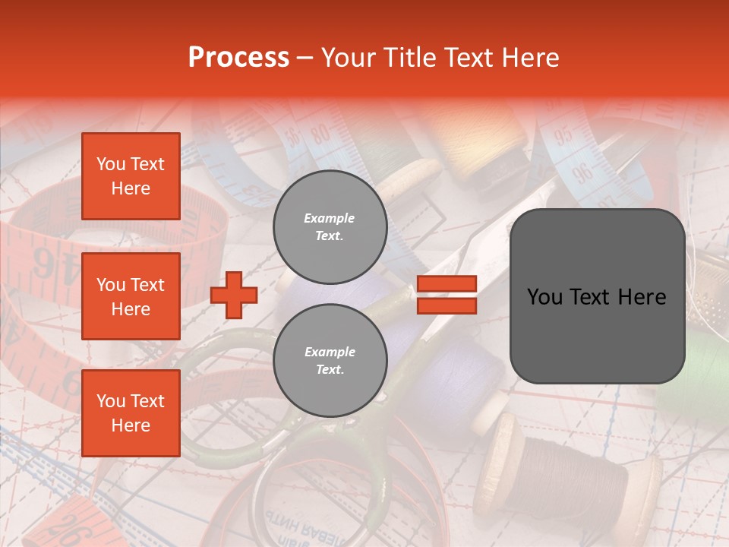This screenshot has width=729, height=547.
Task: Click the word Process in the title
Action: pos(238,58)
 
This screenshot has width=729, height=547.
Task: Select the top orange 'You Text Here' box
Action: pos(131,176)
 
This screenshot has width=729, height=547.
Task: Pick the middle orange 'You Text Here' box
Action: pos(131,296)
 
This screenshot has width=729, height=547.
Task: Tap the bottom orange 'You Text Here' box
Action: pos(131,413)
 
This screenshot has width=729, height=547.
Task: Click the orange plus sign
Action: pos(234,295)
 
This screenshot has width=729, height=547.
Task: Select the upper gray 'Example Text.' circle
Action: pos(330,227)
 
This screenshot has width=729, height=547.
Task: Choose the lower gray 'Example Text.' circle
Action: pos(330,360)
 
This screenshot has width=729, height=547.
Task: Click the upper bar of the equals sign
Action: pos(447,283)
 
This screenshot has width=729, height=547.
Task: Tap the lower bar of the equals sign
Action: pos(447,305)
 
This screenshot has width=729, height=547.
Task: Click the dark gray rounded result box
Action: pos(597,296)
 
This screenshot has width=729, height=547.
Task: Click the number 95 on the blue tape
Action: pos(563,137)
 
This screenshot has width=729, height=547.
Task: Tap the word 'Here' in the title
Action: pos(529,58)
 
